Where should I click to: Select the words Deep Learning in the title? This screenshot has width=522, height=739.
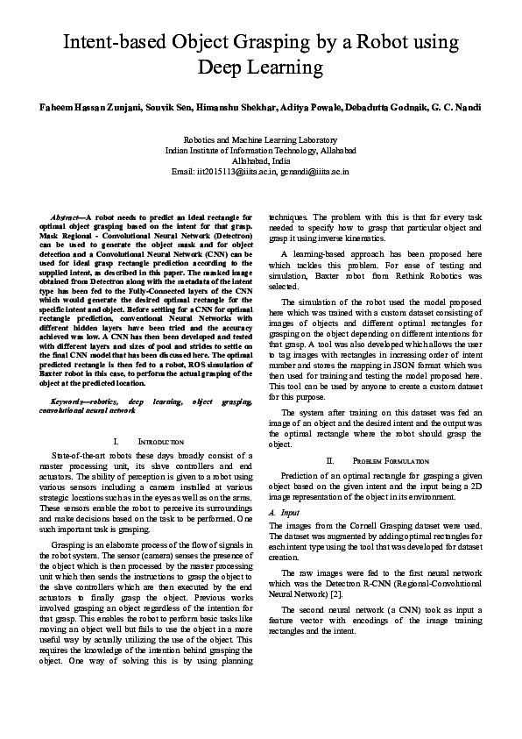261,67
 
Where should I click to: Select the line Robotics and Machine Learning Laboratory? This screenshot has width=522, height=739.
260,139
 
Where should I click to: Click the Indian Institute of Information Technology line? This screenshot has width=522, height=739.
260,150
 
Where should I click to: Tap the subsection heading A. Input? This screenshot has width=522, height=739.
281,510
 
